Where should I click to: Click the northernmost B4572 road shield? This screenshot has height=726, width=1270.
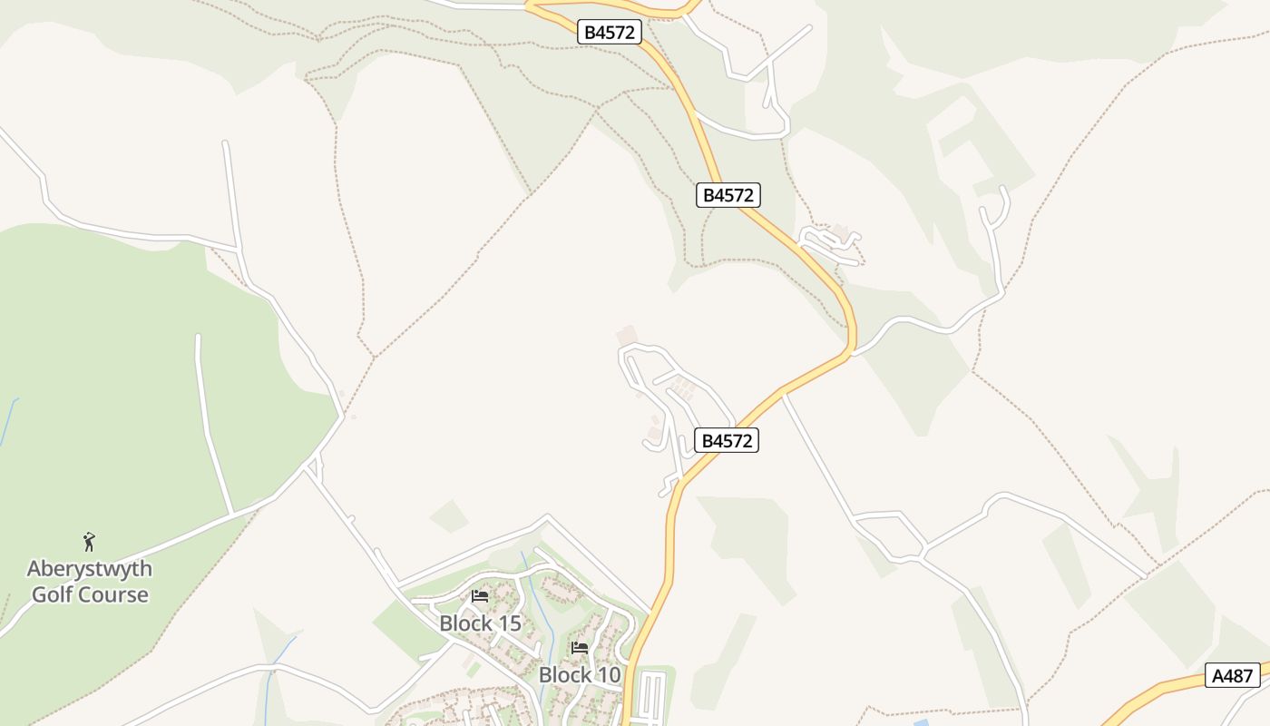(610, 32)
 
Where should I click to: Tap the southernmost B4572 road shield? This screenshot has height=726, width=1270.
(727, 440)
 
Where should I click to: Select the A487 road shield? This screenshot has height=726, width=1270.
(1233, 675)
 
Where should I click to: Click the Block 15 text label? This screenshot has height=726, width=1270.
(480, 623)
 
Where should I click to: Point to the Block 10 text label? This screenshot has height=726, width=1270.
(580, 675)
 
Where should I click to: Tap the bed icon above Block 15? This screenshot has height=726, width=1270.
(480, 596)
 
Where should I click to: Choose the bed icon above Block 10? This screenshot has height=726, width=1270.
(580, 648)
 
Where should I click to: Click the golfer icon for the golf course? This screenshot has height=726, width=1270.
(89, 542)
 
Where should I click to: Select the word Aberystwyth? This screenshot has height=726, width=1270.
(89, 569)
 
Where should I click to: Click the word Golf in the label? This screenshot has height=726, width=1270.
(52, 595)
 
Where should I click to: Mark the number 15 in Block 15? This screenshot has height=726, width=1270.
(509, 623)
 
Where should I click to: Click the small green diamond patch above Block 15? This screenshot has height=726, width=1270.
(449, 515)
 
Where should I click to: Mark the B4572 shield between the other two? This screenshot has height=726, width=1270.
(728, 194)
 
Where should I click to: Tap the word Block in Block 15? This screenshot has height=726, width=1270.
(464, 623)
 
